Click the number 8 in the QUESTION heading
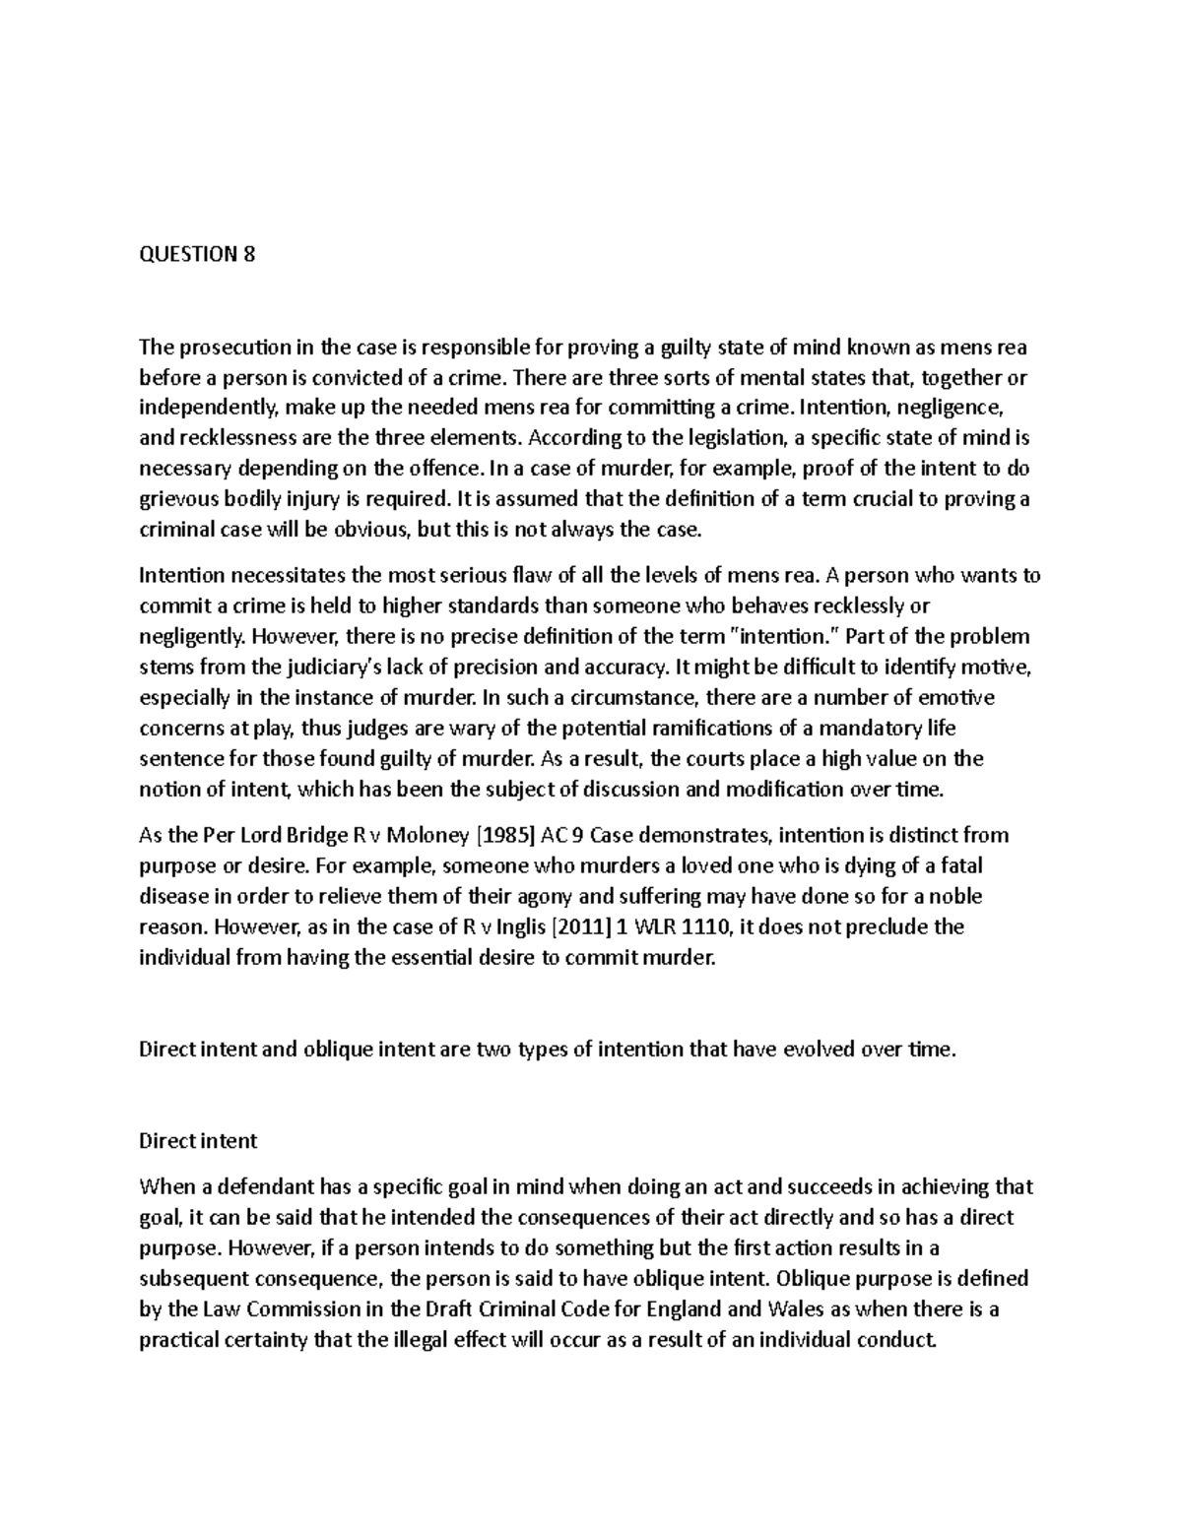[248, 255]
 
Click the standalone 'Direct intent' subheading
[198, 1141]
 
